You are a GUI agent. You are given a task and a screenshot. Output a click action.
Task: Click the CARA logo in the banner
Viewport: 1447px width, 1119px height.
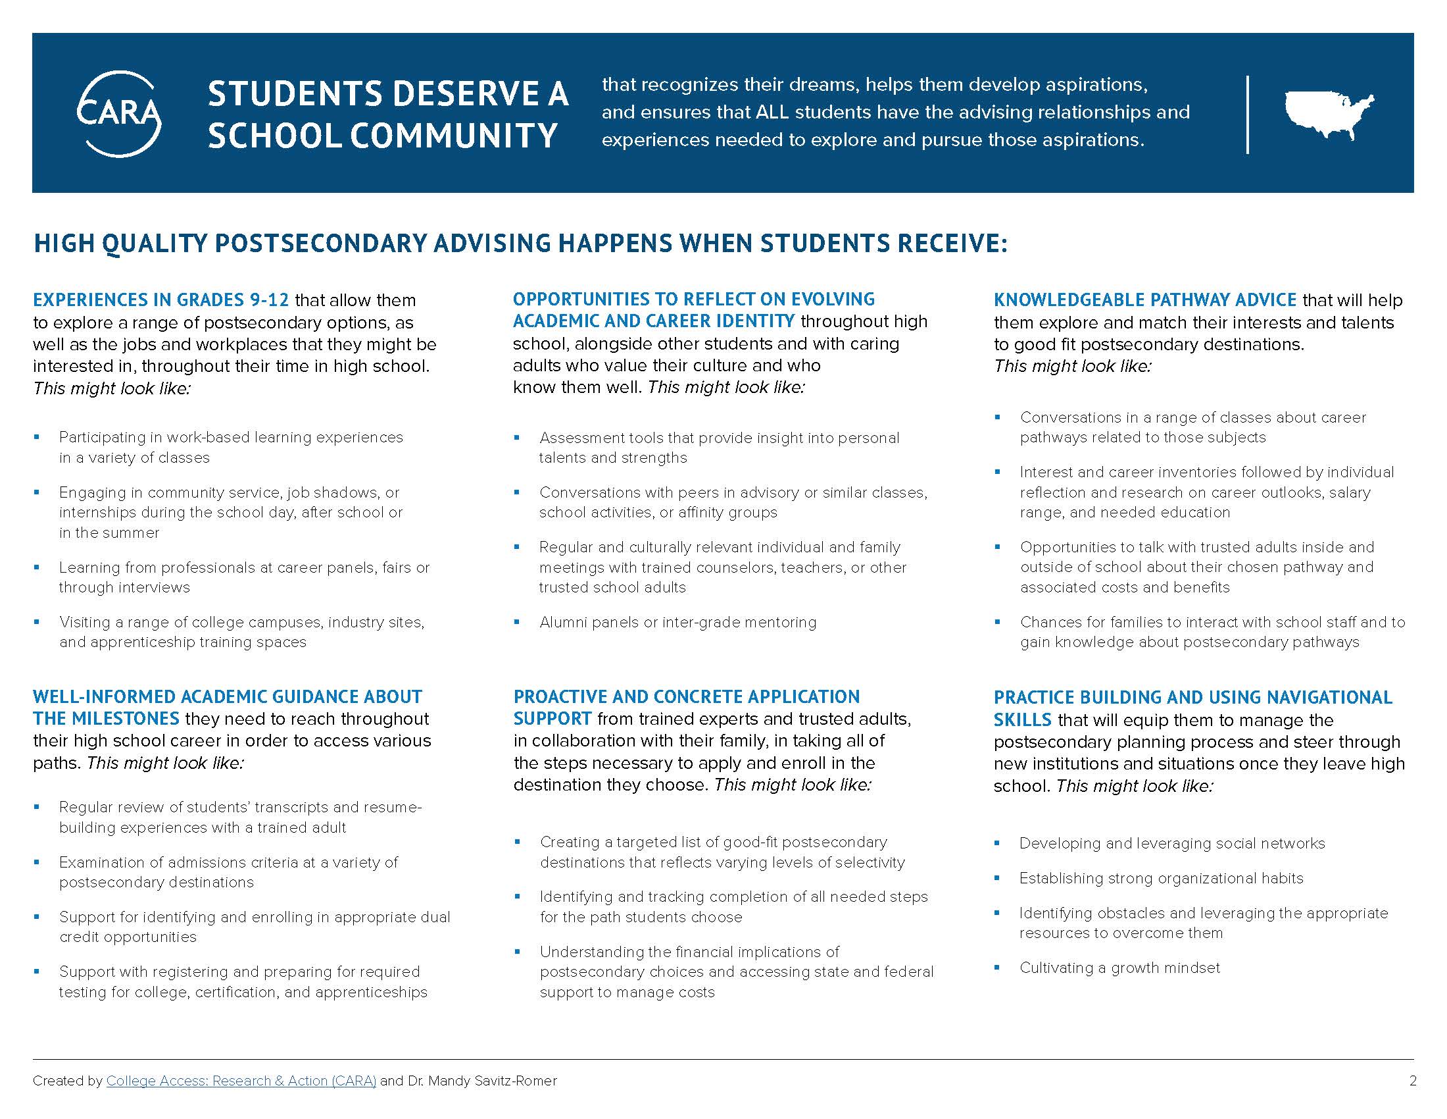point(119,114)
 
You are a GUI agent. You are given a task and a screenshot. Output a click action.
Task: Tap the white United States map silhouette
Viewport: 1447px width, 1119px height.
point(1329,113)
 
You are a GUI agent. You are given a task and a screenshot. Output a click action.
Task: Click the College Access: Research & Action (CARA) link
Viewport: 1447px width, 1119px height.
point(241,1081)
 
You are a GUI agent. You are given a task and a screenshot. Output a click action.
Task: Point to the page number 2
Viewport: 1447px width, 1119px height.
point(1413,1081)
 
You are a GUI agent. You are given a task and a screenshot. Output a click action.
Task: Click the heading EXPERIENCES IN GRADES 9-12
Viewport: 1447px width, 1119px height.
point(161,300)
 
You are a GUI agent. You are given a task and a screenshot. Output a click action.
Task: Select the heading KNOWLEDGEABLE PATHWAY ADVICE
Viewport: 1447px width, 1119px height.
point(1145,300)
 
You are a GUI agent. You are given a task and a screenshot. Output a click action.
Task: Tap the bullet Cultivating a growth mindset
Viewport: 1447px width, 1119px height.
point(1119,968)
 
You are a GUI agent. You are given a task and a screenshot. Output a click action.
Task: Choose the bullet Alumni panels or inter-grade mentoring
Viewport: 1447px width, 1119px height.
point(677,623)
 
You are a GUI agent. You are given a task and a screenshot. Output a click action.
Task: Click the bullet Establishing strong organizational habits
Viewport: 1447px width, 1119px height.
point(1161,878)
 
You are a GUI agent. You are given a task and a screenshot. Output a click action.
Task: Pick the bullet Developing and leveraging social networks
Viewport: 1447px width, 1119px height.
point(1171,843)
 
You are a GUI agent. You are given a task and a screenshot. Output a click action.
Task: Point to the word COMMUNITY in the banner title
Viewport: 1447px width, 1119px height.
point(453,135)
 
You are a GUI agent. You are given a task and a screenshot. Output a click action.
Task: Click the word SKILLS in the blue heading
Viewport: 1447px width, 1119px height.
point(1022,720)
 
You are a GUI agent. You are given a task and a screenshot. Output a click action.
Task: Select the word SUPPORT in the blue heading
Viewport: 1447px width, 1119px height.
point(552,719)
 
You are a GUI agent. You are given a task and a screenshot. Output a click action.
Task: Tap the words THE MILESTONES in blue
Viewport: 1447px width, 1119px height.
point(106,719)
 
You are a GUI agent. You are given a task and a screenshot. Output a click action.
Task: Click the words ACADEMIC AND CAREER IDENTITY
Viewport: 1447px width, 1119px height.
point(653,321)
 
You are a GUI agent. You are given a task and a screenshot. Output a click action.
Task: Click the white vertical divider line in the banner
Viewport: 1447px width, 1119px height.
point(1248,115)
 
